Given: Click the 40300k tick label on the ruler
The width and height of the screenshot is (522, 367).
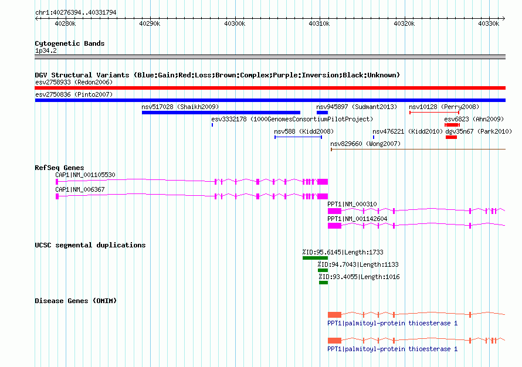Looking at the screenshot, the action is [x=235, y=23].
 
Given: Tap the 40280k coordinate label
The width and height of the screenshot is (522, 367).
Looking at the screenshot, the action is [x=65, y=23].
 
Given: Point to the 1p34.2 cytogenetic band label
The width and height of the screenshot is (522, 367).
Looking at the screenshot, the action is [x=46, y=50].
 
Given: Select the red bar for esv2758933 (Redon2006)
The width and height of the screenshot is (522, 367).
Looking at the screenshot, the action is [x=270, y=88].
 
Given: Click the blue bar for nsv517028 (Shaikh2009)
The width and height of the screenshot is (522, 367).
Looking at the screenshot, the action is [x=221, y=113].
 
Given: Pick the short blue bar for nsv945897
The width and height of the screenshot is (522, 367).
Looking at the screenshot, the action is [x=322, y=113].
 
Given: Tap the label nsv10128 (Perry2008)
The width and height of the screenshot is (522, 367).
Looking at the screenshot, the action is [x=444, y=107].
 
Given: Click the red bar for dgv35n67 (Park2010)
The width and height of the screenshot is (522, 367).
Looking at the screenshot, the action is [x=452, y=137].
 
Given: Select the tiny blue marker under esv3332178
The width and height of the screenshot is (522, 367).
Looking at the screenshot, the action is [x=212, y=125].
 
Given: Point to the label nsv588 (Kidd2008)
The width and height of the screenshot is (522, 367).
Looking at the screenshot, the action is [x=304, y=131].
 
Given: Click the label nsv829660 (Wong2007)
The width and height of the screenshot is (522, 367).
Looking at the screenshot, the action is [x=365, y=144].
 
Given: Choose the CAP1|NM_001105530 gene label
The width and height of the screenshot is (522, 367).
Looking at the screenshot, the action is [x=85, y=175].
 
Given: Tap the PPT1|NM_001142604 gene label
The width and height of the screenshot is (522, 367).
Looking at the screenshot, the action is [x=357, y=219].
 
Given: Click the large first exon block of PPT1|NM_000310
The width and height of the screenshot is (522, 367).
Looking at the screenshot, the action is [x=334, y=211].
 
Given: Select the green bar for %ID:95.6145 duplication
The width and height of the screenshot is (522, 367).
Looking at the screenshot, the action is [x=316, y=258].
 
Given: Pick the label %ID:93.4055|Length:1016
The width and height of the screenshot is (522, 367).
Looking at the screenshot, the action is [x=359, y=277].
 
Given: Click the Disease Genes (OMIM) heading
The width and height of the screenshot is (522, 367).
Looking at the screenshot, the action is [x=76, y=301].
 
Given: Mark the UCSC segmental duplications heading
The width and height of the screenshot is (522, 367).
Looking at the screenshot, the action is [x=90, y=245].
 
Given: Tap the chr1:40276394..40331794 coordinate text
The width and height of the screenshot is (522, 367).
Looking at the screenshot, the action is [x=76, y=13].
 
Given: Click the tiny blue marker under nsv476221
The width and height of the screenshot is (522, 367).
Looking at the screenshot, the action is [x=374, y=137].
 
